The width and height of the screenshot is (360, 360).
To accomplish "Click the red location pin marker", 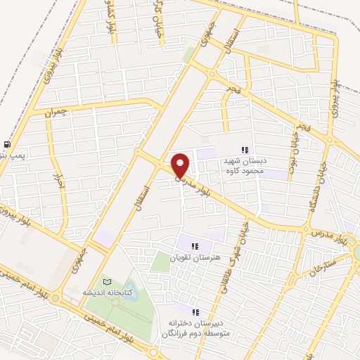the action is (x=181, y=165).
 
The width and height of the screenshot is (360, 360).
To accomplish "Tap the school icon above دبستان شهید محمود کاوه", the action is (x=245, y=149).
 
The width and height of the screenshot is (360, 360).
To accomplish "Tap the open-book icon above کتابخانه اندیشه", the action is (x=107, y=281).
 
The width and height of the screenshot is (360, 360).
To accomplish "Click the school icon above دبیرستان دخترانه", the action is (x=195, y=311).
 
